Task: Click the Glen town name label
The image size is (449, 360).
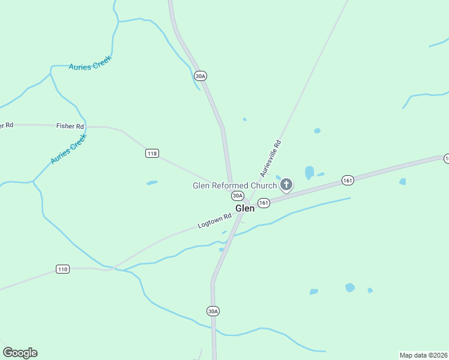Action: [245, 208]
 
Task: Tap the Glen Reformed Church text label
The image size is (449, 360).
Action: [235, 185]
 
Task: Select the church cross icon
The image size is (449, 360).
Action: [286, 185]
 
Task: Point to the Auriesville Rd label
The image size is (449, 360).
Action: [270, 158]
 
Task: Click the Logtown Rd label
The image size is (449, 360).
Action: [214, 221]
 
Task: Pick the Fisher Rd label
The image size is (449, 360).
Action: [70, 126]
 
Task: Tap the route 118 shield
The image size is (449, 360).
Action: [152, 154]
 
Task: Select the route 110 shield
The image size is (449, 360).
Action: [62, 269]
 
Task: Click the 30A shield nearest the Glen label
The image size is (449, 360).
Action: [238, 196]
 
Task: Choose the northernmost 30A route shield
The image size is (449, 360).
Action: [200, 76]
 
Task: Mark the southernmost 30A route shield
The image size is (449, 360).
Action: [212, 311]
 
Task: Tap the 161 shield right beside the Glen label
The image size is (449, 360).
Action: [264, 203]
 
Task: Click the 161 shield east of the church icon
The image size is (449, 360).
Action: [348, 179]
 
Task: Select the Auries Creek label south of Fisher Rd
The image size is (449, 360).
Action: [69, 149]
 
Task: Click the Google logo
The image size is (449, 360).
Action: [20, 353]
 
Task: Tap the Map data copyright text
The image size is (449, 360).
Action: [424, 355]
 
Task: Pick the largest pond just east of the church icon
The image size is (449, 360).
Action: [309, 172]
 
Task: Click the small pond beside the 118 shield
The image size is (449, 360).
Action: [152, 182]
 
